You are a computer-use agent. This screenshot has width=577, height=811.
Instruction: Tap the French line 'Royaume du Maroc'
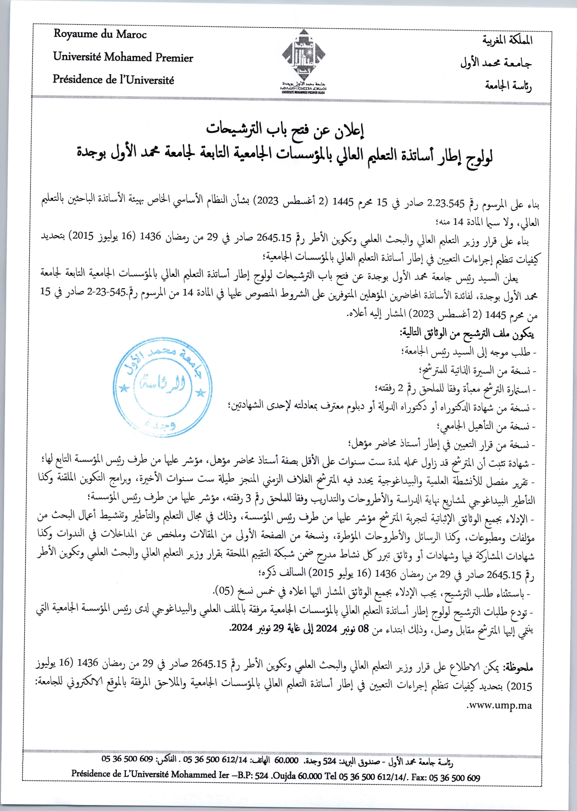(100, 34)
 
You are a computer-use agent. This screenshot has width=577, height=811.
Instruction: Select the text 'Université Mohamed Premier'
(123, 57)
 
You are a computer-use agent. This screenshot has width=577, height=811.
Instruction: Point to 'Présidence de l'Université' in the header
(113, 79)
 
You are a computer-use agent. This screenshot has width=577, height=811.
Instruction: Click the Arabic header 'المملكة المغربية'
(507, 40)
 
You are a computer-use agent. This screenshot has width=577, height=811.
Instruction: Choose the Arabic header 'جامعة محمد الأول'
(496, 62)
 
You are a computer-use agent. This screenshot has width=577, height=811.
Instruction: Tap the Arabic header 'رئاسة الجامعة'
(508, 85)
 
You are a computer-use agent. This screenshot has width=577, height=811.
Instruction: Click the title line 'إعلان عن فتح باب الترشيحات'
(285, 130)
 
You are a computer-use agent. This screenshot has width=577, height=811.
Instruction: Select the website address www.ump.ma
(499, 705)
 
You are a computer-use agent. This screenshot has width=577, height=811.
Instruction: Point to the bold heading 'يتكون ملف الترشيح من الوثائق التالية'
(467, 333)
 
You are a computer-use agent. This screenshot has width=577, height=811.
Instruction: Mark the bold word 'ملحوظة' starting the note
(518, 667)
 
